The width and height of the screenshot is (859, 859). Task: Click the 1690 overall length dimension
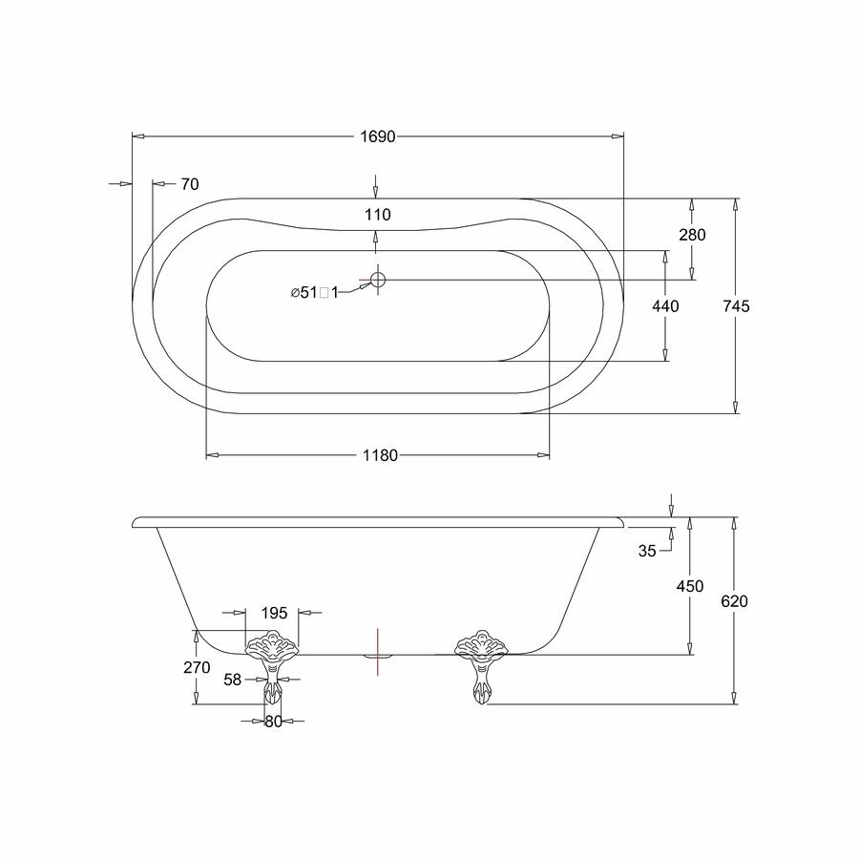377,136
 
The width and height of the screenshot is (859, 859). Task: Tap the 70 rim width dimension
190,184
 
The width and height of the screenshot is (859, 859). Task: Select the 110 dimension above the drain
378,214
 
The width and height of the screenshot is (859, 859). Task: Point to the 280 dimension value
693,235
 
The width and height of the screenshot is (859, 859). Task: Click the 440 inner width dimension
665,305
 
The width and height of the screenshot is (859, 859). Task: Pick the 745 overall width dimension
736,305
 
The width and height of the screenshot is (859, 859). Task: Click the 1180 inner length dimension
380,455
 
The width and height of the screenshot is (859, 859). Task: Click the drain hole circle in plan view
378,280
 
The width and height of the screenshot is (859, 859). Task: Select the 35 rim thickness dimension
647,551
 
